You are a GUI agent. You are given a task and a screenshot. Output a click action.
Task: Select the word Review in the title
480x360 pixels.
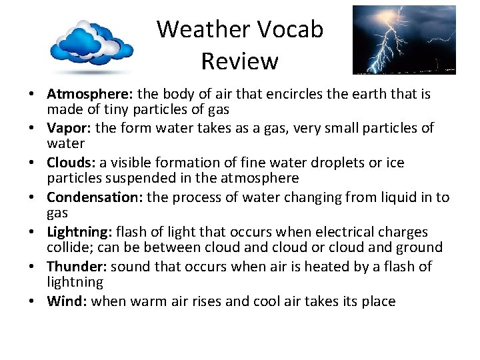click(x=239, y=61)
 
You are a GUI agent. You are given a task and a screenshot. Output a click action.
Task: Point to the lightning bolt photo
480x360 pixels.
click(x=404, y=40)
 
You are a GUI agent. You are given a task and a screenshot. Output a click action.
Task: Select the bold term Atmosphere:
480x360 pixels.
click(x=91, y=94)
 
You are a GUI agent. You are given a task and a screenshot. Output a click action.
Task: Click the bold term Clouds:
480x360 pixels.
click(x=71, y=163)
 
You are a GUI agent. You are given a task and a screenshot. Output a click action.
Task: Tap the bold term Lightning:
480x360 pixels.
click(x=79, y=232)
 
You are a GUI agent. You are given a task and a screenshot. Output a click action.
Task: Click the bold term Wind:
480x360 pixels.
click(x=67, y=301)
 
